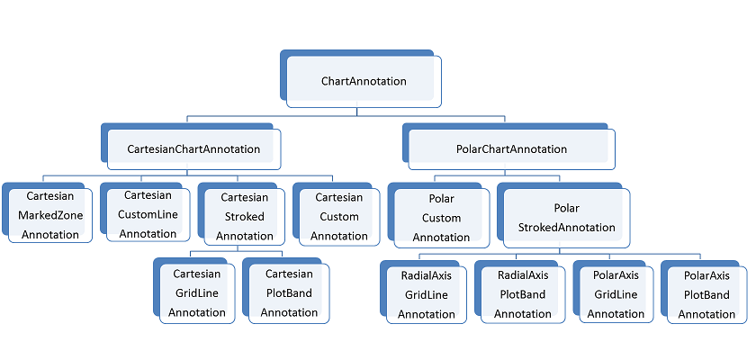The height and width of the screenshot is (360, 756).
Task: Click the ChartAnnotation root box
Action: pyautogui.click(x=364, y=81)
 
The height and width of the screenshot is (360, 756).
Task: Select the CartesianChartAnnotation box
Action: pyautogui.click(x=193, y=148)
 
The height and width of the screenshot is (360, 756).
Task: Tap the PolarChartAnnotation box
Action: pyautogui.click(x=512, y=148)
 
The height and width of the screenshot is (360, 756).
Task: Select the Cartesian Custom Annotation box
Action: pyautogui.click(x=338, y=216)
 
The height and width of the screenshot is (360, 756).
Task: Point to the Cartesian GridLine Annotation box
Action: pyautogui.click(x=197, y=292)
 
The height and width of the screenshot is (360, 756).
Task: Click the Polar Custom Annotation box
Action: pyautogui.click(x=441, y=217)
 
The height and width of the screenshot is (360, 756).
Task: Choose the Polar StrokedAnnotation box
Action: pyautogui.click(x=566, y=217)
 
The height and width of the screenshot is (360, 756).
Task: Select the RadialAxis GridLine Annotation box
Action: pyautogui.click(x=427, y=293)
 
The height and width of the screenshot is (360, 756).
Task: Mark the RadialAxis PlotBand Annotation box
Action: pyautogui.click(x=522, y=293)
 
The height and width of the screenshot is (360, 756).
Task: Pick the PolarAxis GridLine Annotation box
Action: pyautogui.click(x=616, y=293)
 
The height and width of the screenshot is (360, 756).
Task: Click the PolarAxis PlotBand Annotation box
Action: pyautogui.click(x=706, y=293)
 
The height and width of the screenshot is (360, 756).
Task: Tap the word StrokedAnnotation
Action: pyautogui.click(x=566, y=228)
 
